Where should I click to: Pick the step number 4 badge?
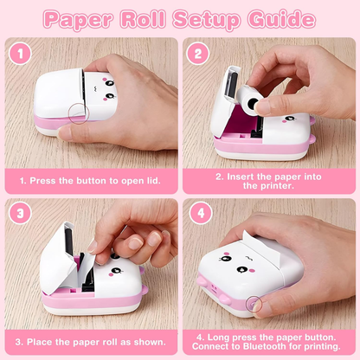click(x=197, y=213)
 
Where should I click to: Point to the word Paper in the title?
click(x=86, y=17)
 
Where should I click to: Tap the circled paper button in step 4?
click(x=254, y=302)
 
